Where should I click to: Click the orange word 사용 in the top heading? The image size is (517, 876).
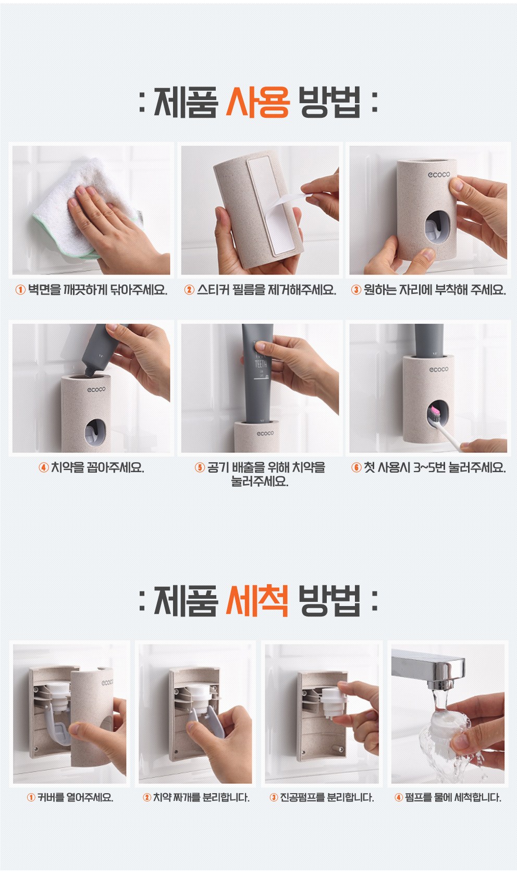coord(257,103)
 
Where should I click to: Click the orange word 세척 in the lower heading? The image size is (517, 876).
coord(257,601)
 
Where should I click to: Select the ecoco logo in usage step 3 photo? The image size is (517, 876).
coord(438,175)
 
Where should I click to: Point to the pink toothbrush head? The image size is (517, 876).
coord(434,412)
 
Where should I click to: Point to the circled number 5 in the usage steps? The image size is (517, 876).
coord(200,467)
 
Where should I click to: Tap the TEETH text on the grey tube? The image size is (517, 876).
coord(261,364)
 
